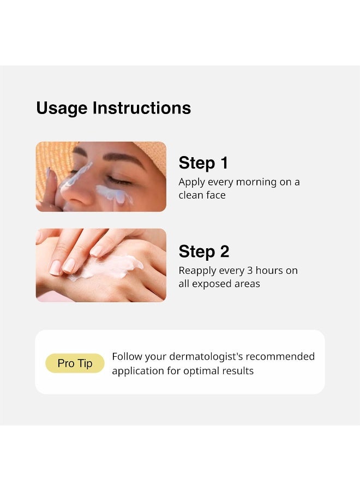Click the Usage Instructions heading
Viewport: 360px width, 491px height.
pos(113,108)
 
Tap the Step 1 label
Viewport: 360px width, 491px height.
pos(203,163)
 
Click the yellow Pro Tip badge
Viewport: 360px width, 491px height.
pos(75,363)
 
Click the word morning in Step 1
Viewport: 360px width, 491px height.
pos(256,182)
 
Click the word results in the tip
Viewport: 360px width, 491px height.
pos(237,371)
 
